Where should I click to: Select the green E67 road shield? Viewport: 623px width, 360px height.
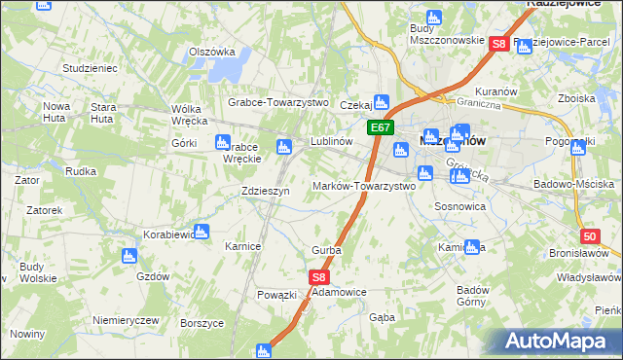[x=380, y=127]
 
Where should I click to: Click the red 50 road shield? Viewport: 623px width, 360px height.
[x=589, y=236]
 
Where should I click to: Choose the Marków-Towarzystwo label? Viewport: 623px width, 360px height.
[x=363, y=186]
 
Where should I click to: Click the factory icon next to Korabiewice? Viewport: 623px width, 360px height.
[x=202, y=232]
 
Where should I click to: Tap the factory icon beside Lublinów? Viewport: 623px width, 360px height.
[x=283, y=147]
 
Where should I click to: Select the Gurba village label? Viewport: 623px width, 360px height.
[x=325, y=250]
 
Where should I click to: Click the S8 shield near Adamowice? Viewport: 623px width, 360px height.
[x=320, y=277]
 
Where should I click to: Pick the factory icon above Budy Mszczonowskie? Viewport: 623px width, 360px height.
[x=433, y=18]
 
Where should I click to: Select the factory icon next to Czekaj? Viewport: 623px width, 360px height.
[x=383, y=100]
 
